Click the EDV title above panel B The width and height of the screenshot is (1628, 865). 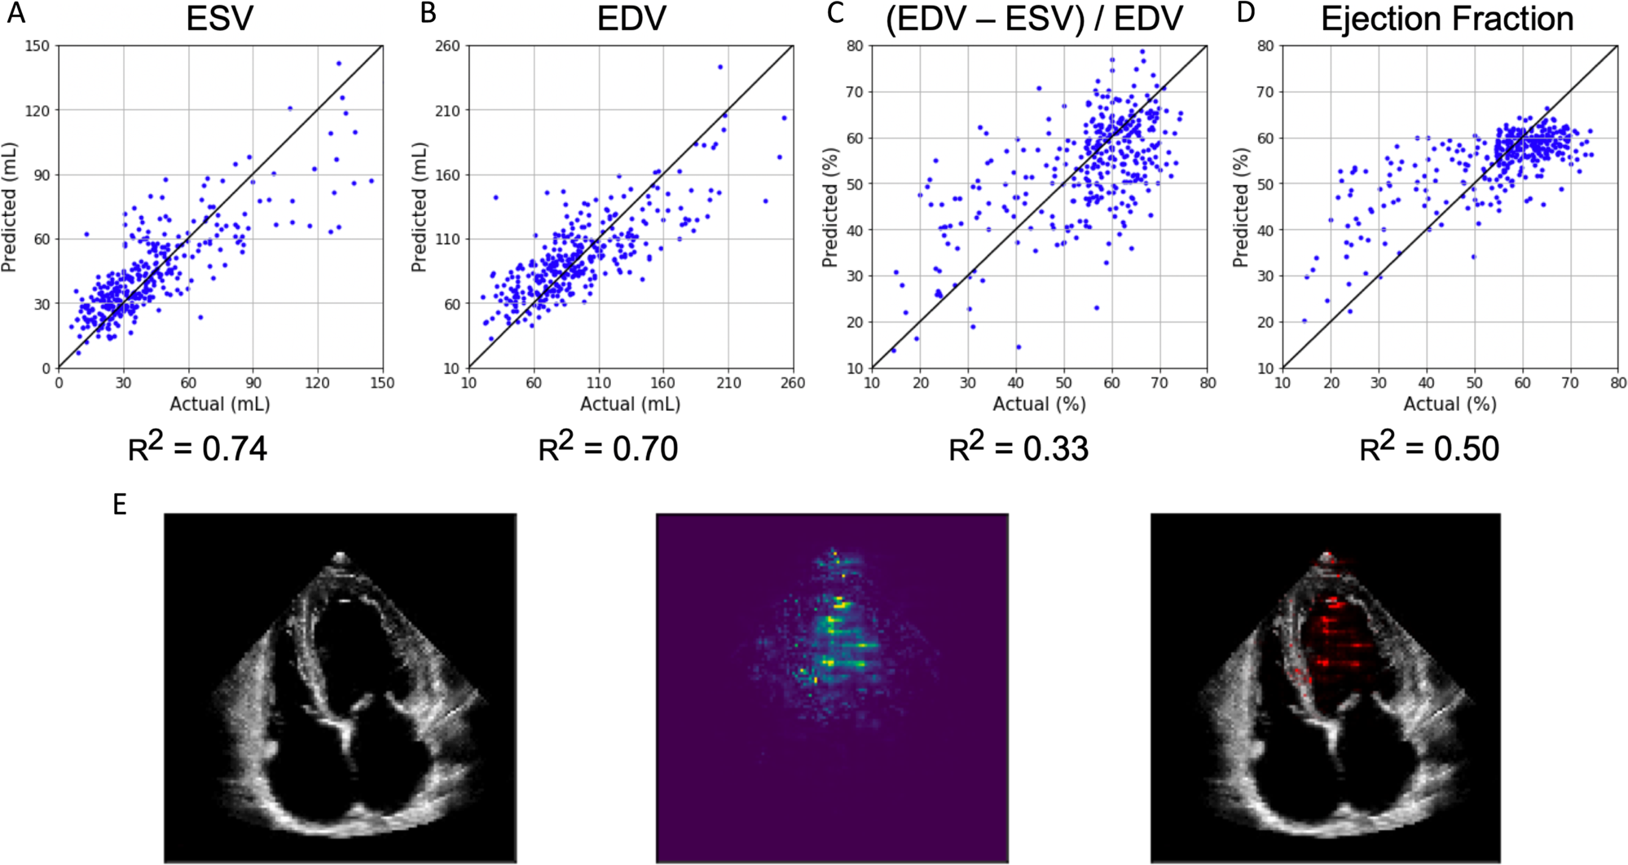(x=631, y=19)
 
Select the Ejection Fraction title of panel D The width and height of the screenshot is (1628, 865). (x=1447, y=19)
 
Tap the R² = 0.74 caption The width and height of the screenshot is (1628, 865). (x=198, y=448)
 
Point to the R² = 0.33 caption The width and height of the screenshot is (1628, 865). (x=1019, y=448)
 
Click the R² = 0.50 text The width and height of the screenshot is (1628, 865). (x=1429, y=448)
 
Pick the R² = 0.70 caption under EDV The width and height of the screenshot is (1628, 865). (x=608, y=448)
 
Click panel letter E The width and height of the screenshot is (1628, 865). (x=120, y=505)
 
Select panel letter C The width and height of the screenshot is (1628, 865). (x=834, y=14)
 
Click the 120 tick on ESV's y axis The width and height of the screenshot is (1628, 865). (x=37, y=110)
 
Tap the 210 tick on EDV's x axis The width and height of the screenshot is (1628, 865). (x=728, y=383)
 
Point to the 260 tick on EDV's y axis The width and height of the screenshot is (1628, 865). (x=448, y=46)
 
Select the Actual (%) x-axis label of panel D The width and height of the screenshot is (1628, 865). (x=1450, y=404)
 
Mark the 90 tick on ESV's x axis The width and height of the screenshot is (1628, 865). (x=253, y=383)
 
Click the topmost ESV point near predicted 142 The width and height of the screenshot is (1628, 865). (x=339, y=64)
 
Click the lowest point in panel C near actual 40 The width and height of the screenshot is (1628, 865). (x=1019, y=347)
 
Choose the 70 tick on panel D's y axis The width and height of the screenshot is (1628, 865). (x=1265, y=92)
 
